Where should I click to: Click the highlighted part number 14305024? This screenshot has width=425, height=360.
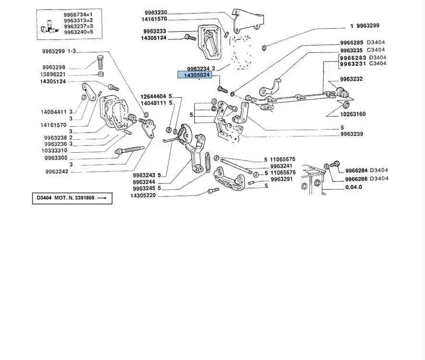tap(197, 75)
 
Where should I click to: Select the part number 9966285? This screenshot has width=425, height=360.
tap(352, 42)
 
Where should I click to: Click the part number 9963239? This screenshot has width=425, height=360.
tap(352, 134)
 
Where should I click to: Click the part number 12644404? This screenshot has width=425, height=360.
tap(153, 96)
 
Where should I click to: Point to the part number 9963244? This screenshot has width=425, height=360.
tap(144, 182)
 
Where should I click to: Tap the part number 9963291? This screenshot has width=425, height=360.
tap(281, 179)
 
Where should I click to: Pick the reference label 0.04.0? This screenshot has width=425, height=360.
tap(353, 187)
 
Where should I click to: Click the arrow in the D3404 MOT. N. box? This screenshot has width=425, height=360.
tap(104, 198)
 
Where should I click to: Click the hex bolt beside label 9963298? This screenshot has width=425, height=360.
tap(100, 62)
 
